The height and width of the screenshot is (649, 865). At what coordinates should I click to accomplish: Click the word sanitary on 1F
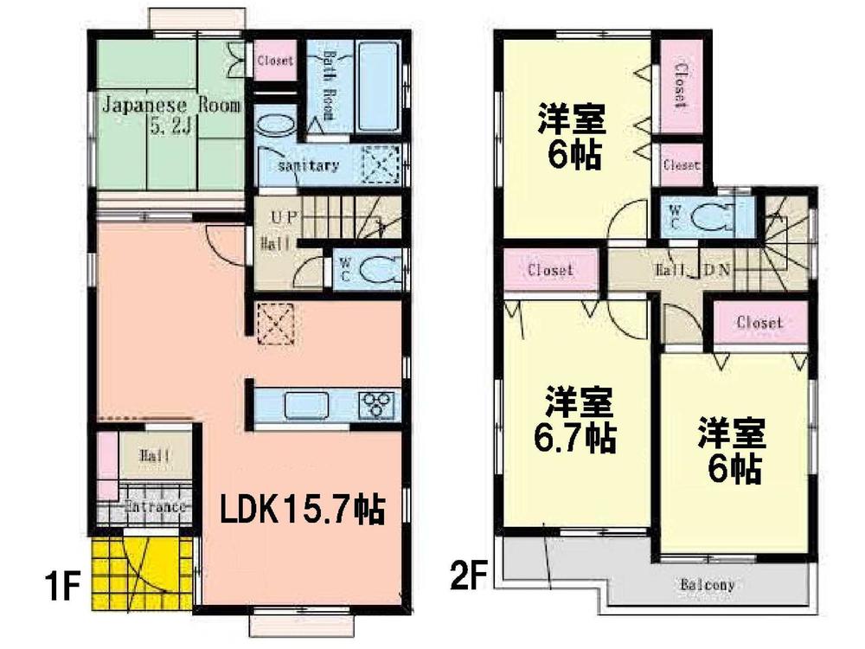point(308,165)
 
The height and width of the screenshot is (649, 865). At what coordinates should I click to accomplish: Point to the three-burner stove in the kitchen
point(377,404)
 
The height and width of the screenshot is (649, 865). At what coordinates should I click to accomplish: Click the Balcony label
point(708,586)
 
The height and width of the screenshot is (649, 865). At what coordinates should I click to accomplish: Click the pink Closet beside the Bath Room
point(275,61)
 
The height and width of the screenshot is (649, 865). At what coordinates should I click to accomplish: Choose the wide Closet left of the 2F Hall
point(551,270)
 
